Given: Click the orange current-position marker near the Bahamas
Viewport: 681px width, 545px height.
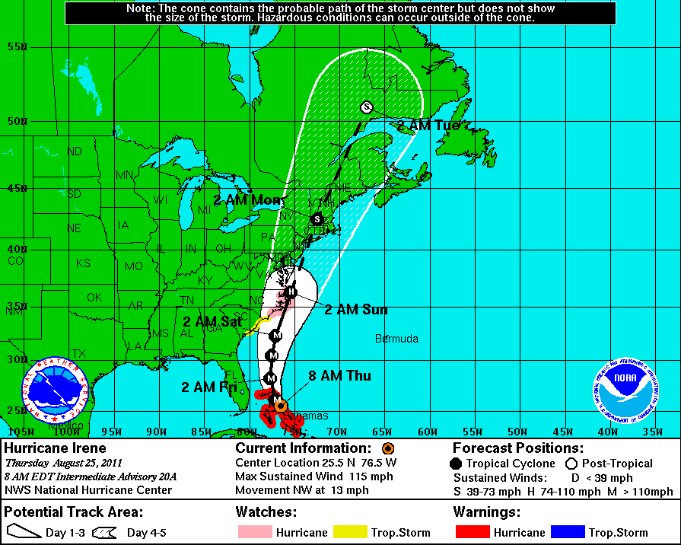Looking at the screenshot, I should tap(281, 406).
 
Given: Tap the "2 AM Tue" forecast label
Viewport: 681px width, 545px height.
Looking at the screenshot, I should tap(428, 125).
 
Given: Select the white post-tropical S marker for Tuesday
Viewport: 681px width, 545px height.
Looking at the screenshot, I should tap(367, 107).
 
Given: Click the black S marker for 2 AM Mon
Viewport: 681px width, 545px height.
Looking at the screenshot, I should tap(317, 219).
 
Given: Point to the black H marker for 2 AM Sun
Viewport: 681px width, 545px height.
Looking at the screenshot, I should tap(291, 291).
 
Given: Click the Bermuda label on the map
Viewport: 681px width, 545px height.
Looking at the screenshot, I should tap(396, 338).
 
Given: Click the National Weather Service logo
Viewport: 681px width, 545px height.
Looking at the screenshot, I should tap(55, 390).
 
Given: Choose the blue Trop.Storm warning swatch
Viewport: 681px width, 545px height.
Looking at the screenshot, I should tap(577, 532).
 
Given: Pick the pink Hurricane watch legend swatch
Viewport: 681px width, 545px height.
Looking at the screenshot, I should tap(253, 532).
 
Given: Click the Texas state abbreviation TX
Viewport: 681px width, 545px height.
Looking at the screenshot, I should tap(78, 353).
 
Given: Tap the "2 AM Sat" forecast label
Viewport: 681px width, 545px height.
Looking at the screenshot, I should tap(208, 321).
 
